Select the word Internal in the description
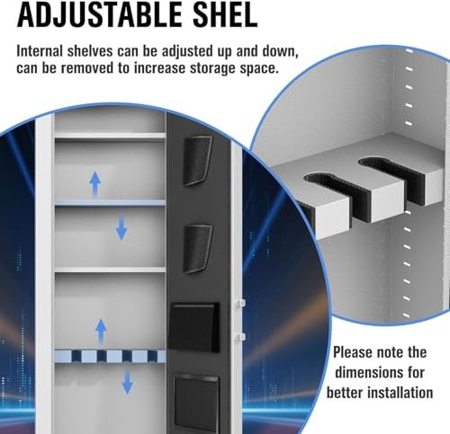tap(40, 51)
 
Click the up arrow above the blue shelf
tap(95, 183)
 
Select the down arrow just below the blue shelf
tap(121, 228)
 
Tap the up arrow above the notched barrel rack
tap(101, 332)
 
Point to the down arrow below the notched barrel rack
tap(128, 382)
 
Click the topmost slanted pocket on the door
tap(197, 161)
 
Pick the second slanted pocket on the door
tap(197, 249)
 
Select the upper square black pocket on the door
tap(194, 327)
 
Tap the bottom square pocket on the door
tap(196, 403)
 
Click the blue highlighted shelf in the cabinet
tap(110, 204)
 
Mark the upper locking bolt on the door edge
tap(240, 303)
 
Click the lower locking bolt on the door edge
tap(240, 337)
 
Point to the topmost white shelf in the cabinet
tap(110, 137)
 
